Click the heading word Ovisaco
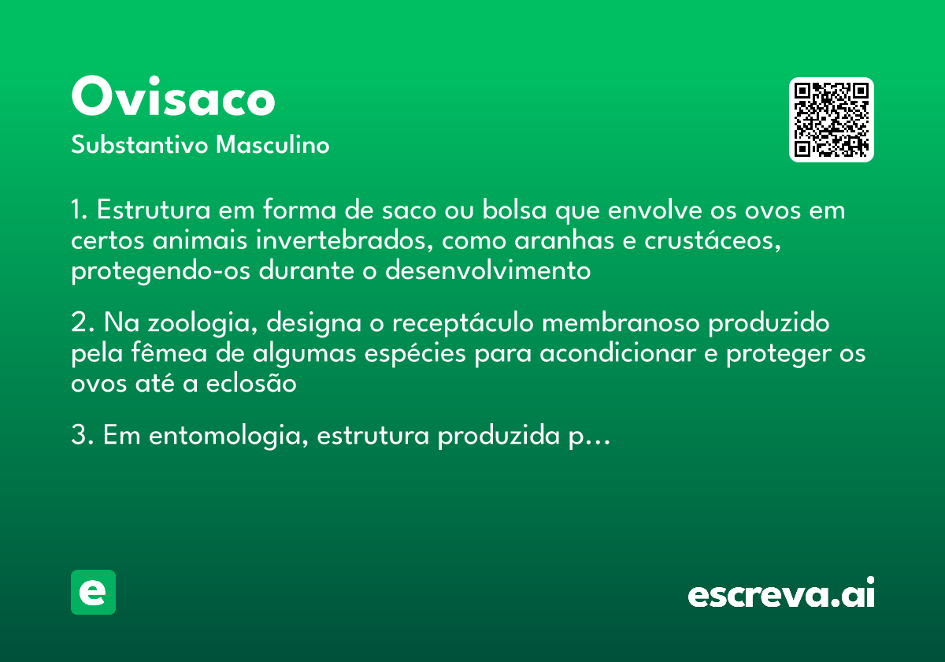pos(173,99)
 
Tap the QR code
pos(832,120)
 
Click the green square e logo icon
pos(93,592)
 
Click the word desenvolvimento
pos(487,271)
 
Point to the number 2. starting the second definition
pos(83,324)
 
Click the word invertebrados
pos(334,241)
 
